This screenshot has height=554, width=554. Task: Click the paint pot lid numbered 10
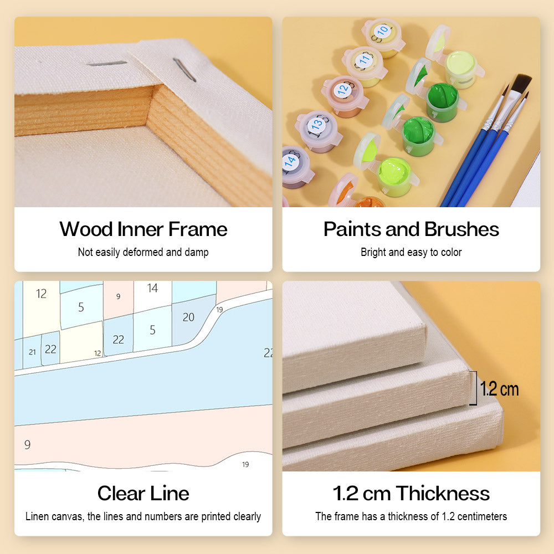click(383, 32)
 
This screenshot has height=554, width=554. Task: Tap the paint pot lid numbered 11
click(364, 60)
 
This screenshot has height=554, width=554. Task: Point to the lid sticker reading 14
click(290, 162)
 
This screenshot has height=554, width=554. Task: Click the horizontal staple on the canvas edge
click(107, 63)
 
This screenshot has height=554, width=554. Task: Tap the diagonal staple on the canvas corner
click(184, 70)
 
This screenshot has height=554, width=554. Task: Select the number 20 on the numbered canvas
click(188, 317)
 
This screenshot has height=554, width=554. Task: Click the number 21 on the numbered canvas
click(32, 352)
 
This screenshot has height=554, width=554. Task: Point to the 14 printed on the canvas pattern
click(152, 288)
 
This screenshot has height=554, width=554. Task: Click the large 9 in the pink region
click(27, 444)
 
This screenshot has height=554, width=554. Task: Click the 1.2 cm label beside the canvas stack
click(499, 389)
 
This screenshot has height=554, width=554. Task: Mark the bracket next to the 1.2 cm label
click(475, 388)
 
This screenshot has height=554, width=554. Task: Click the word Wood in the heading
click(86, 229)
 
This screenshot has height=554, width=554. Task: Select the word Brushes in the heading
click(461, 229)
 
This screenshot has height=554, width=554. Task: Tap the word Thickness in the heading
click(443, 493)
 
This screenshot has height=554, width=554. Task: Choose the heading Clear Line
click(143, 493)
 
